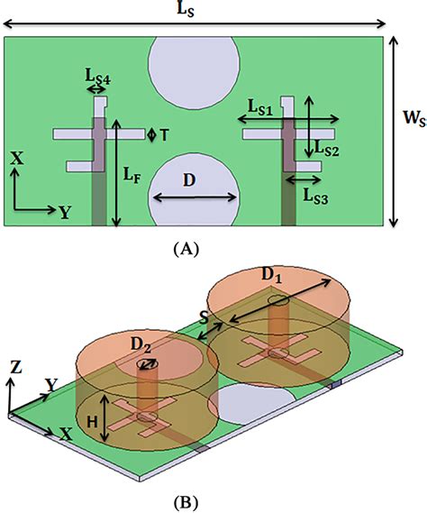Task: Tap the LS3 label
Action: coord(316,193)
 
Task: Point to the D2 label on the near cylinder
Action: coord(141,344)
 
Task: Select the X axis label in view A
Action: coord(16,156)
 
